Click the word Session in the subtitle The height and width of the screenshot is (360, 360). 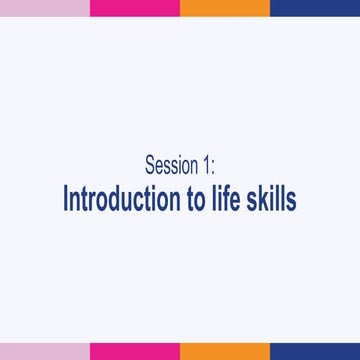point(171,165)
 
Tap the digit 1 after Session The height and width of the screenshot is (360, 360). point(206,165)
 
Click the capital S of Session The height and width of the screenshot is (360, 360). point(150,165)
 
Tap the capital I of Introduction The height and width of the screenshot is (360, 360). point(66,198)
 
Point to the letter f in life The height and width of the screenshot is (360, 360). point(229,197)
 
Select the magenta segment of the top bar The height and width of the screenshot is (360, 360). point(134,8)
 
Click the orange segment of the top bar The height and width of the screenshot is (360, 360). point(224,8)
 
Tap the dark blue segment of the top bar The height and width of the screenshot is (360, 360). point(314,8)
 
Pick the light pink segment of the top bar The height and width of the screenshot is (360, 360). point(44,8)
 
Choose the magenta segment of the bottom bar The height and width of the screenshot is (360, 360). point(134,351)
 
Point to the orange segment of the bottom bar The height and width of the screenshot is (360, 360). point(224,351)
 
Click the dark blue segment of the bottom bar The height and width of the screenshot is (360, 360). point(314,351)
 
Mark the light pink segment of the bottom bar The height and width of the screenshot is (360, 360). point(44,351)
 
